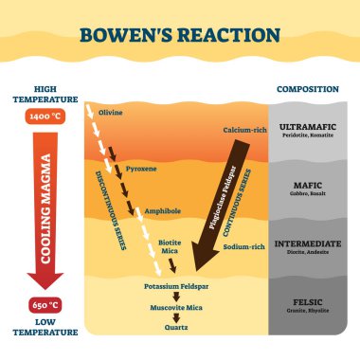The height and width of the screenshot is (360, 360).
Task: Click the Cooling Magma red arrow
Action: tap(38, 204)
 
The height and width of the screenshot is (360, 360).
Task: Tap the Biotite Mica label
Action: tap(170, 249)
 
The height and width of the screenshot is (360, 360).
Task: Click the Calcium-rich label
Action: tap(243, 129)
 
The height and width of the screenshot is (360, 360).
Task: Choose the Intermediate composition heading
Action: tap(309, 243)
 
